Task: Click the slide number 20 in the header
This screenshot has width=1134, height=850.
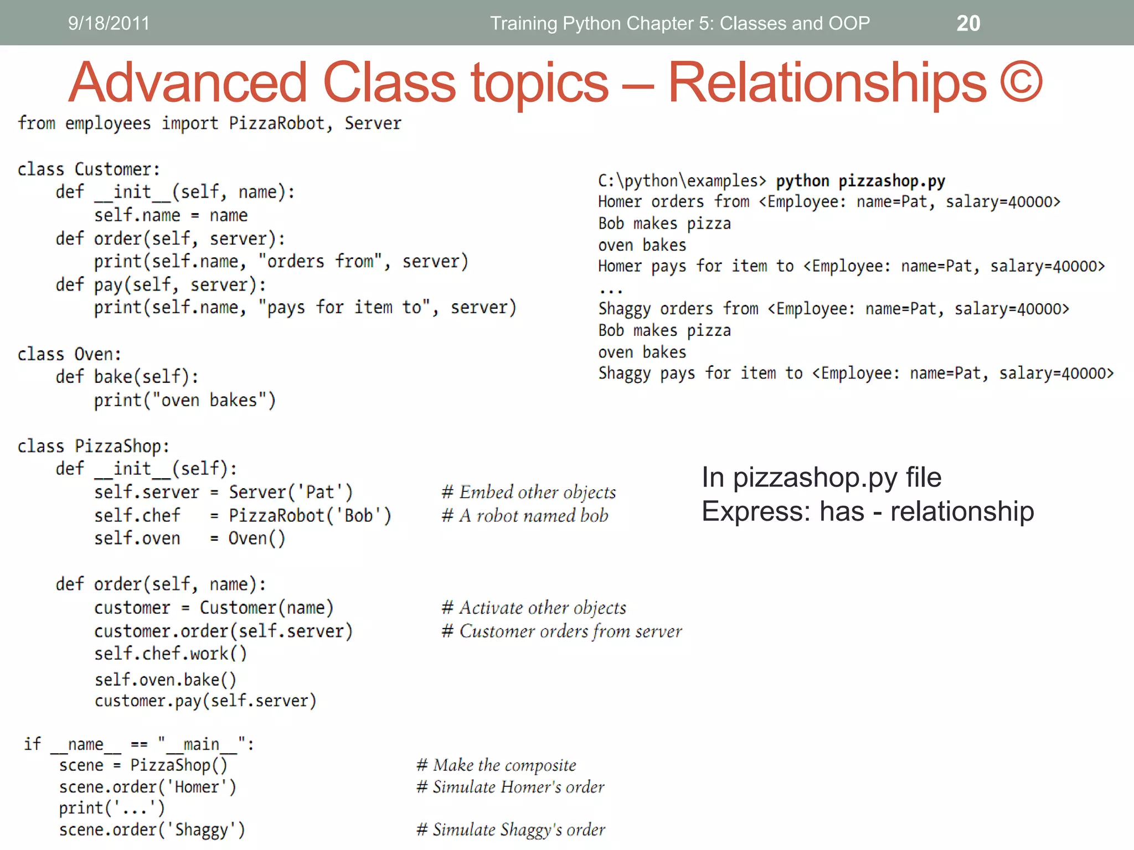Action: click(x=968, y=23)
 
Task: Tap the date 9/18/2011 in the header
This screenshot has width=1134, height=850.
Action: click(x=109, y=23)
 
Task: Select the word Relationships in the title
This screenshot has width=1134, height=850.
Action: click(x=827, y=83)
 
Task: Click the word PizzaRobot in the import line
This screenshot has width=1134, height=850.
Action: click(x=276, y=123)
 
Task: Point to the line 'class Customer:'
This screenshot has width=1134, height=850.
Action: click(x=89, y=169)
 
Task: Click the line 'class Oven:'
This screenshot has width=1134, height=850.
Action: click(x=69, y=354)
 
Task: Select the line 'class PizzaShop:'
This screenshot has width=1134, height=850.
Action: click(x=93, y=446)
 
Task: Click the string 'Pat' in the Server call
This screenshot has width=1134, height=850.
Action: click(x=320, y=492)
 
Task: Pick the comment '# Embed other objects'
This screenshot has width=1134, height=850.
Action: click(x=529, y=492)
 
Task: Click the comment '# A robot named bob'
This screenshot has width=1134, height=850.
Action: click(x=525, y=515)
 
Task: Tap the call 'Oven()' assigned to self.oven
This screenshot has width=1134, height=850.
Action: click(x=256, y=538)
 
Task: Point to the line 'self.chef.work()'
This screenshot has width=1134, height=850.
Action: click(x=171, y=654)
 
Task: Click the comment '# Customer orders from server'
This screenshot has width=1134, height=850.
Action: click(x=561, y=631)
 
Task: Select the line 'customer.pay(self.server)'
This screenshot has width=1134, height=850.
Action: click(x=205, y=701)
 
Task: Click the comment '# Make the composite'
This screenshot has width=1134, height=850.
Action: click(x=496, y=765)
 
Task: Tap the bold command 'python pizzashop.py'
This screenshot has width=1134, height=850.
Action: click(x=860, y=181)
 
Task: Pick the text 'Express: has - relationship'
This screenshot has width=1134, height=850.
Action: click(x=868, y=511)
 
